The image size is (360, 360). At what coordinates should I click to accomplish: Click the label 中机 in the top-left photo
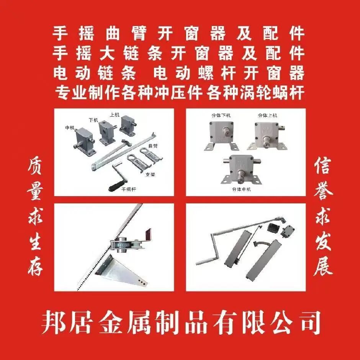(70, 128)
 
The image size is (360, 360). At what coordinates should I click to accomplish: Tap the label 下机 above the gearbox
(93, 120)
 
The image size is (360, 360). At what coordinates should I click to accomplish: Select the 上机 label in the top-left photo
(115, 115)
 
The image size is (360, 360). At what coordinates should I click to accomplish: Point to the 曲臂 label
(153, 146)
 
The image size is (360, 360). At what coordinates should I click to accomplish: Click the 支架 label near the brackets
(151, 175)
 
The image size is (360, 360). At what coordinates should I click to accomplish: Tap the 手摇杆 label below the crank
(129, 189)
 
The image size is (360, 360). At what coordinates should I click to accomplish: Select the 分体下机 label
(221, 115)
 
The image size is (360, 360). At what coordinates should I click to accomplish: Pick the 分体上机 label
(267, 115)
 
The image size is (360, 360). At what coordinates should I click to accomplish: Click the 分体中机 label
(242, 189)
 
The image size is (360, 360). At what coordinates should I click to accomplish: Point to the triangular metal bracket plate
(119, 271)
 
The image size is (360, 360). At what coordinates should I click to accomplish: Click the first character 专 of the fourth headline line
(63, 92)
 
